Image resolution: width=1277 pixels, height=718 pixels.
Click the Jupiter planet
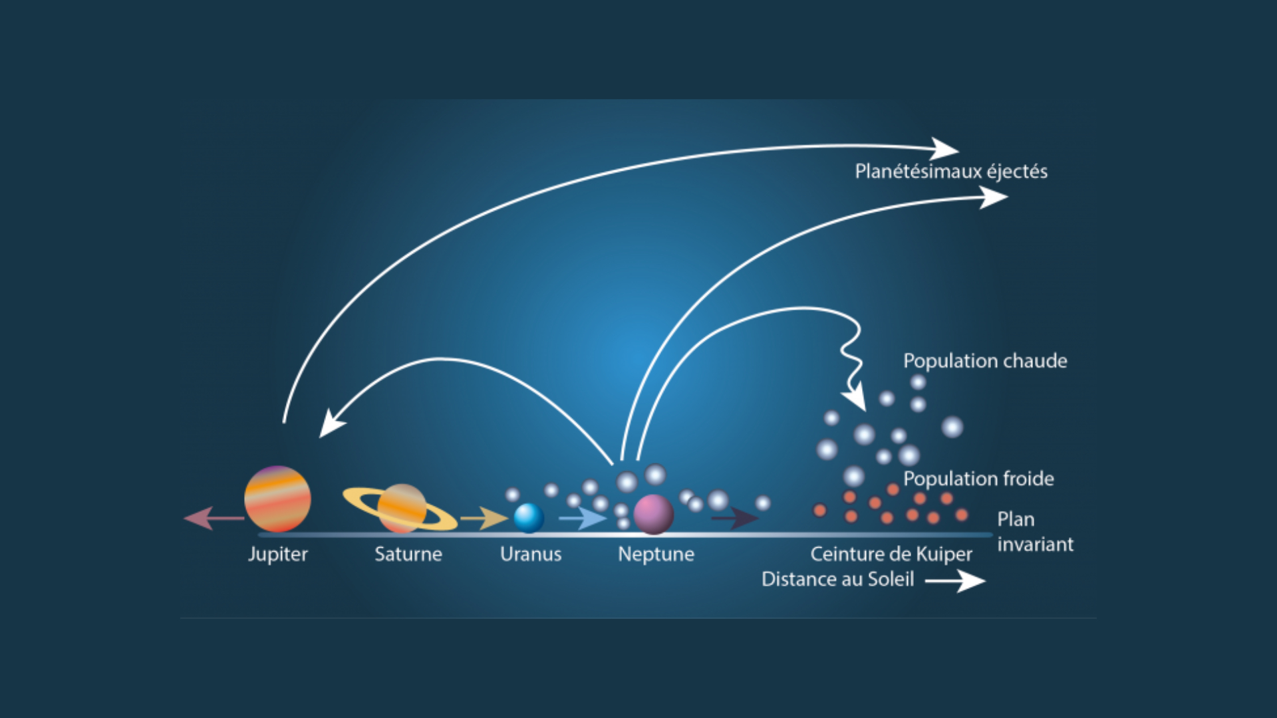click(277, 499)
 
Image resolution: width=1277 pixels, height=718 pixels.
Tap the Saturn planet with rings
click(400, 509)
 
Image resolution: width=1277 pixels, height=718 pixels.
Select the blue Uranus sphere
click(529, 518)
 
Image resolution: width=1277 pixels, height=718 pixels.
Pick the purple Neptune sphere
click(653, 515)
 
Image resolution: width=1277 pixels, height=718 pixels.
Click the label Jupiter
click(278, 554)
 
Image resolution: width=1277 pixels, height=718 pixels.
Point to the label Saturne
click(408, 554)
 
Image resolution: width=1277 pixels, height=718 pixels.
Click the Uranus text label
click(531, 554)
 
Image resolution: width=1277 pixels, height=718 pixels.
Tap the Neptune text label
click(656, 554)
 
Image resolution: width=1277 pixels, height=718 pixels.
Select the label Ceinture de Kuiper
click(891, 554)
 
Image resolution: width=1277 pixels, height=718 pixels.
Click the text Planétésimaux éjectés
click(951, 172)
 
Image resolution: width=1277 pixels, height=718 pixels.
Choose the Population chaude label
click(985, 361)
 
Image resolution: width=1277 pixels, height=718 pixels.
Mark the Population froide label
click(978, 479)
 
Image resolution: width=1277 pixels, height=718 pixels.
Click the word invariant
click(1036, 544)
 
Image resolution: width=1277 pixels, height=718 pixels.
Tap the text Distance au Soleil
click(838, 579)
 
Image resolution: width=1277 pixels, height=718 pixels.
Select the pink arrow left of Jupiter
click(214, 518)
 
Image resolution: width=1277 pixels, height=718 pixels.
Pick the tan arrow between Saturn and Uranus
click(484, 518)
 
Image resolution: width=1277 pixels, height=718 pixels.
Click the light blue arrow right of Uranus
click(583, 518)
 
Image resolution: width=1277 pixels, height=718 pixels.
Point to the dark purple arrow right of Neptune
click(735, 518)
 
